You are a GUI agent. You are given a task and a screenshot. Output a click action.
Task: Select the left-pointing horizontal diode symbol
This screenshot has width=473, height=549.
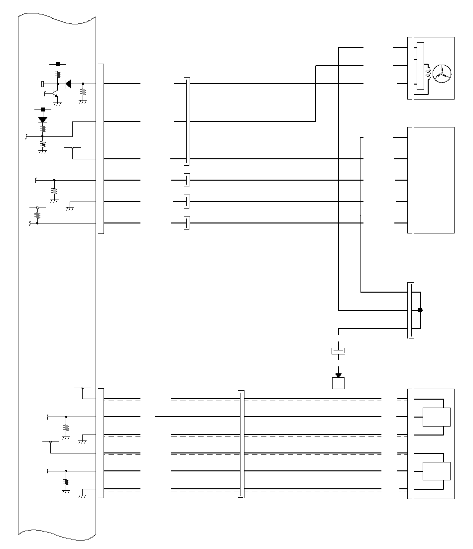[68, 84]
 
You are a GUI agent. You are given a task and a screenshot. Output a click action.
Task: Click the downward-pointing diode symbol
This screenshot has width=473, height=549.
[42, 119]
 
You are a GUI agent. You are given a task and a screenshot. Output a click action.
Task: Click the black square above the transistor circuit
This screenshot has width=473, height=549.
[58, 64]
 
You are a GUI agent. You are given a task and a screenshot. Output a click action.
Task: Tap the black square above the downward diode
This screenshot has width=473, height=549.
[42, 109]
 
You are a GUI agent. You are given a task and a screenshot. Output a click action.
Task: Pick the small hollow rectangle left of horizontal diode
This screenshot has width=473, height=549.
[43, 84]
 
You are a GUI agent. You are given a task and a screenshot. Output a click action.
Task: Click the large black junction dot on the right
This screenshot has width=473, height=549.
[420, 310]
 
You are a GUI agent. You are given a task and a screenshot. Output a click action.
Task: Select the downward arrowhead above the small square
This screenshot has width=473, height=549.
[339, 374]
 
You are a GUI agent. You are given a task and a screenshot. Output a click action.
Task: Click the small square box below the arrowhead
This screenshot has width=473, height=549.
[339, 383]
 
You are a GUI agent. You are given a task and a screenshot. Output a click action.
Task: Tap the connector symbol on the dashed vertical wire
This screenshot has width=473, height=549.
[339, 351]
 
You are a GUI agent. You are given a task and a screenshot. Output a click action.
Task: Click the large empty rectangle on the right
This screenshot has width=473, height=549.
[434, 180]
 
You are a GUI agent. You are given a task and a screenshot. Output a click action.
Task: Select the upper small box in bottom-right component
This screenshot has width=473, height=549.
[436, 417]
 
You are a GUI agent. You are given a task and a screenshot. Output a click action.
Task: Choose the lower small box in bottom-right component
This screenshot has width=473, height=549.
[436, 471]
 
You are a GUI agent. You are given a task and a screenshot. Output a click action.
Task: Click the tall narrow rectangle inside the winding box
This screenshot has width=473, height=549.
[421, 67]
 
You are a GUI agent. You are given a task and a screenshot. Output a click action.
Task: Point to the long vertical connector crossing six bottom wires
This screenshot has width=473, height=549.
[241, 444]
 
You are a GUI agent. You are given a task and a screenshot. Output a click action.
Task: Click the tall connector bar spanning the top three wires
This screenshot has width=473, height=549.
[188, 121]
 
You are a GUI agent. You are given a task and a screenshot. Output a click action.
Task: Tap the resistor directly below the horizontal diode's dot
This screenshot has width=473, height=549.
[83, 93]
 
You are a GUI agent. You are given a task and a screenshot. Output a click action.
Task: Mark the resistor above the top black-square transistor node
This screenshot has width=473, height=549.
[58, 74]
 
